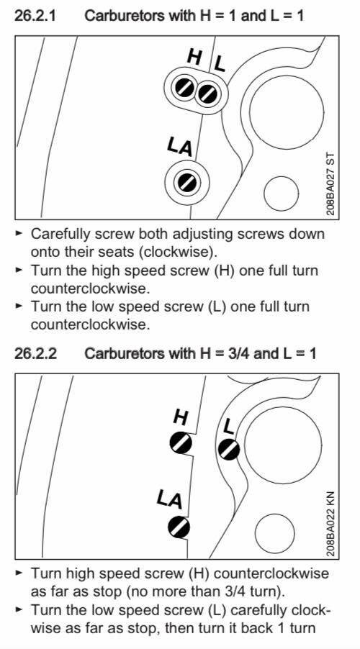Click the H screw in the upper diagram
click(x=184, y=88)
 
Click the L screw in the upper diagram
click(x=207, y=94)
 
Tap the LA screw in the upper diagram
click(x=187, y=182)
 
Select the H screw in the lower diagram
click(x=181, y=443)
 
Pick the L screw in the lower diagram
click(x=229, y=450)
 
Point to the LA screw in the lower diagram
click(x=179, y=527)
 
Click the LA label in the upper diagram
click(x=181, y=147)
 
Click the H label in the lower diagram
click(x=181, y=417)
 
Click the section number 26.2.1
click(x=35, y=16)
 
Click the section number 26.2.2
click(x=35, y=353)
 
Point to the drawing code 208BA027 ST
click(x=330, y=183)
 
